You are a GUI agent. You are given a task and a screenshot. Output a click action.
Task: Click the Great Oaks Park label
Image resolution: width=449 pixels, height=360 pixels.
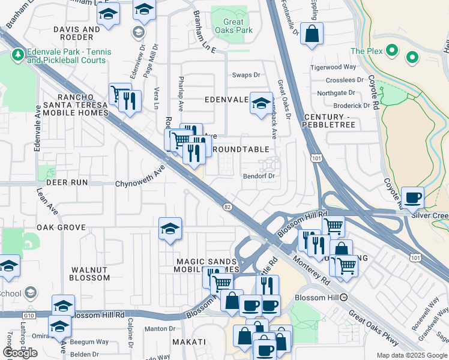[x=234, y=26]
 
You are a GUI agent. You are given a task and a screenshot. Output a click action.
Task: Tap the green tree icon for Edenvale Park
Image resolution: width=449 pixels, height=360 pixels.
[x=17, y=55]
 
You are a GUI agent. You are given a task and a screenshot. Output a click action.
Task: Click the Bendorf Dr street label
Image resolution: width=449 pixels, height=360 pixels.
[x=259, y=176]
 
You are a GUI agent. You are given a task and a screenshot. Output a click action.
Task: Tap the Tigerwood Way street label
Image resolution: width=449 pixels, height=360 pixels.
[x=336, y=68]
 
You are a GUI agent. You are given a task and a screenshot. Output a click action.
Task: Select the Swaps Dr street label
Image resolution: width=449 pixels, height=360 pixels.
[x=246, y=75]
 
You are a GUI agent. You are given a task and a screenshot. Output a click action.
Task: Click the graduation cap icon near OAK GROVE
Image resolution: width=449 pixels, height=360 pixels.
[x=170, y=229]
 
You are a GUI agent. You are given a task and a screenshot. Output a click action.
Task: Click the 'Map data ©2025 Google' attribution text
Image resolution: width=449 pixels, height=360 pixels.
[x=412, y=355]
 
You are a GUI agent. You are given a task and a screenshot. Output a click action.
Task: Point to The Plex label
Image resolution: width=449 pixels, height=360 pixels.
[x=366, y=51]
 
